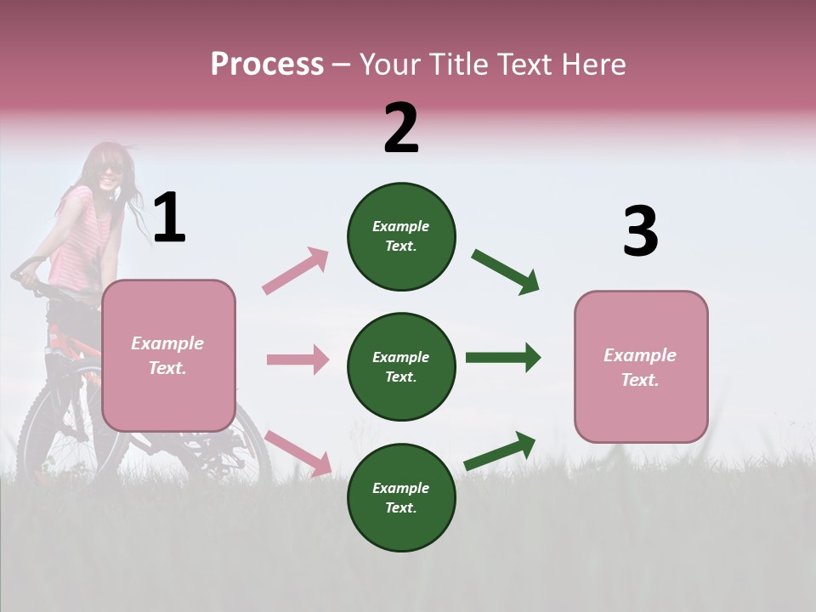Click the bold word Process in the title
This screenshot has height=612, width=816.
[x=267, y=65]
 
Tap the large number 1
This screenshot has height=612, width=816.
[x=169, y=218]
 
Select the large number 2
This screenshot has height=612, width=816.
[x=401, y=128]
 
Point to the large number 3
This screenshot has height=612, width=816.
[x=640, y=232]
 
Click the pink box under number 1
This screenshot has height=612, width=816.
[x=168, y=355]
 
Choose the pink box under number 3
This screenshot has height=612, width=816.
[x=641, y=367]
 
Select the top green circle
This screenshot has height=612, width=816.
[x=401, y=236]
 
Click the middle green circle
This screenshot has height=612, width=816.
[x=401, y=367]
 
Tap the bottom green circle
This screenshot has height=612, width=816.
[x=401, y=498]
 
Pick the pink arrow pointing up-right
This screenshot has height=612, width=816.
[x=295, y=270]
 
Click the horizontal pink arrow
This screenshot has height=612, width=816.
[x=297, y=360]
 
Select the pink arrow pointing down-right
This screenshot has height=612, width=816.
[x=297, y=453]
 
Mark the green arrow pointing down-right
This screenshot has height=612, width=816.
[x=506, y=272]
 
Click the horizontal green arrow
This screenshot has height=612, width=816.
[x=502, y=357]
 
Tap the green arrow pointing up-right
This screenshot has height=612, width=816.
[x=500, y=451]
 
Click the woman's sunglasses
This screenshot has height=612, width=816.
[x=110, y=170]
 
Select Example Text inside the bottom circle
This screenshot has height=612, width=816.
[x=401, y=498]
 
